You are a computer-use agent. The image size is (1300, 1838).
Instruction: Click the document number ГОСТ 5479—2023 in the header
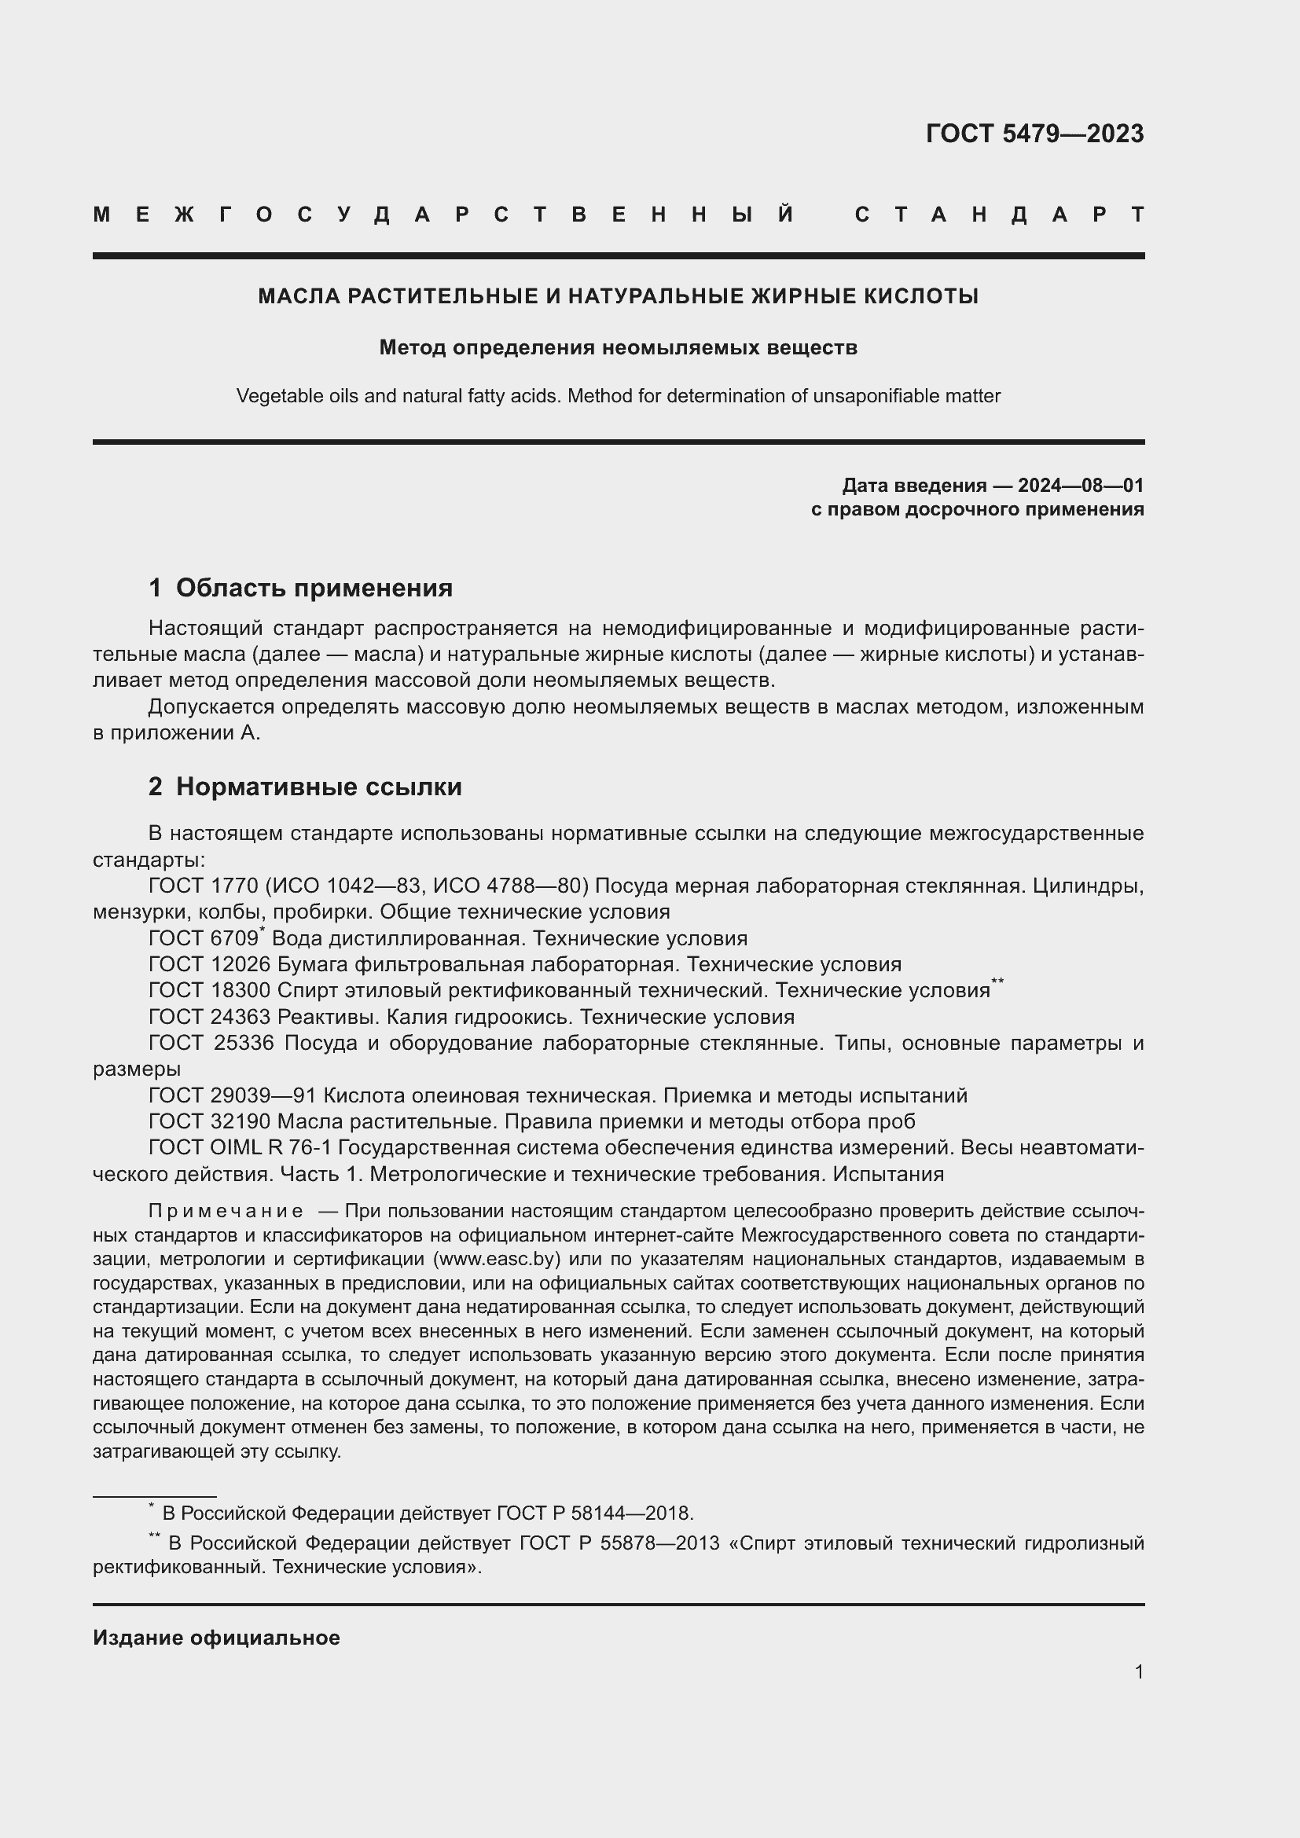click(1034, 134)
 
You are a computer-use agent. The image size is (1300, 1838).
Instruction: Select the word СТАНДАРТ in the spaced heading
click(1000, 215)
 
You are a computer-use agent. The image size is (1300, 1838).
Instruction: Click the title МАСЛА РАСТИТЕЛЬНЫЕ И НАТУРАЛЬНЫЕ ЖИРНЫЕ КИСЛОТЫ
click(618, 296)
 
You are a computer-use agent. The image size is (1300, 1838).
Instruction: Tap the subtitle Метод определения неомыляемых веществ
click(618, 347)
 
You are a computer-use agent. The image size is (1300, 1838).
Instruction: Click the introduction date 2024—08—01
click(1081, 485)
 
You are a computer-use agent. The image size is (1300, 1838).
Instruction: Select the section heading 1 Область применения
click(300, 588)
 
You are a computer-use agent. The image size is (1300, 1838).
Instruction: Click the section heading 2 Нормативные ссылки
click(305, 786)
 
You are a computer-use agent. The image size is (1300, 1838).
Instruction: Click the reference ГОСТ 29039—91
click(232, 1095)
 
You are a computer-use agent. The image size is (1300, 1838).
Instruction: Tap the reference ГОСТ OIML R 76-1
click(241, 1147)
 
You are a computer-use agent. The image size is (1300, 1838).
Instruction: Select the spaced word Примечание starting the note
click(226, 1210)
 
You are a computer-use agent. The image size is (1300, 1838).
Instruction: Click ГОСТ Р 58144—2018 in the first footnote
click(594, 1513)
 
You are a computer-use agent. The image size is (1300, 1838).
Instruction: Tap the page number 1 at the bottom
click(1139, 1671)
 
